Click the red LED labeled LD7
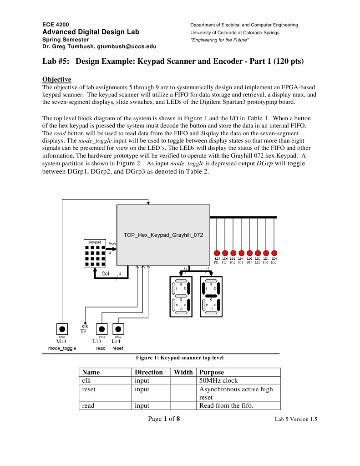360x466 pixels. coord(217,253)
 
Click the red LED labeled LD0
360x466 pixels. coord(274,253)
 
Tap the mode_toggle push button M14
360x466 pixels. coord(62,329)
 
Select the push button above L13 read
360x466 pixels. coord(101,329)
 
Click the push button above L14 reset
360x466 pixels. coord(118,329)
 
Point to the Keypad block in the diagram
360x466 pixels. coord(95,253)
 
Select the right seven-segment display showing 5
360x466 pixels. coord(211,296)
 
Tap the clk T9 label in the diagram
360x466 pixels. coord(85,328)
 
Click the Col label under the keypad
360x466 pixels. coord(105,274)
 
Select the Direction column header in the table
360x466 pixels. coord(148,372)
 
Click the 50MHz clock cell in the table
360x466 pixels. coord(218,380)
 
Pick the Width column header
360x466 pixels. coord(183,372)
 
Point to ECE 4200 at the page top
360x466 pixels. coord(53,25)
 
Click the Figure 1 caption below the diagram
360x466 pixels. coord(180,358)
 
